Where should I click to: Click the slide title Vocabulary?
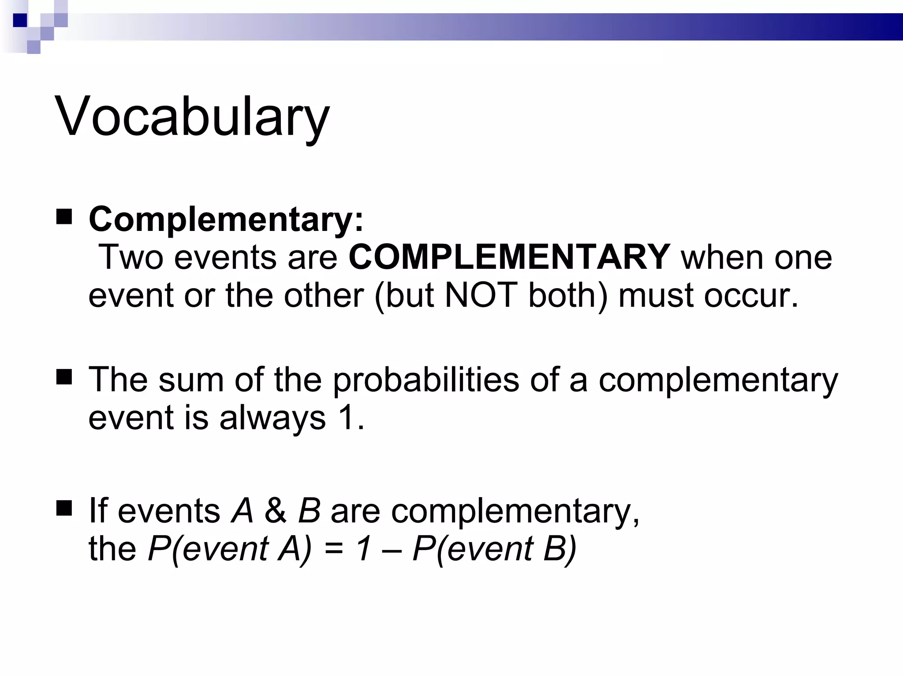click(192, 117)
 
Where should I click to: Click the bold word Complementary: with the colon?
click(226, 219)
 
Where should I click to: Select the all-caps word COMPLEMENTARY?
click(510, 257)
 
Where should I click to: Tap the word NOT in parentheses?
click(481, 295)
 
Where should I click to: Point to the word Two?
click(131, 257)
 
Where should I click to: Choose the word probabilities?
click(425, 379)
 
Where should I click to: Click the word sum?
click(191, 379)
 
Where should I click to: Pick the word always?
click(272, 417)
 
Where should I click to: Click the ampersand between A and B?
click(275, 511)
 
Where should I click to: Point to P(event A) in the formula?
click(230, 549)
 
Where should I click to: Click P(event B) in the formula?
click(494, 549)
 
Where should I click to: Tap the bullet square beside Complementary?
click(64, 217)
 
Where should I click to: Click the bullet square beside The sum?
click(64, 377)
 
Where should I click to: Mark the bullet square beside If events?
click(64, 508)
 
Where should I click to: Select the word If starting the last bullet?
click(97, 511)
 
